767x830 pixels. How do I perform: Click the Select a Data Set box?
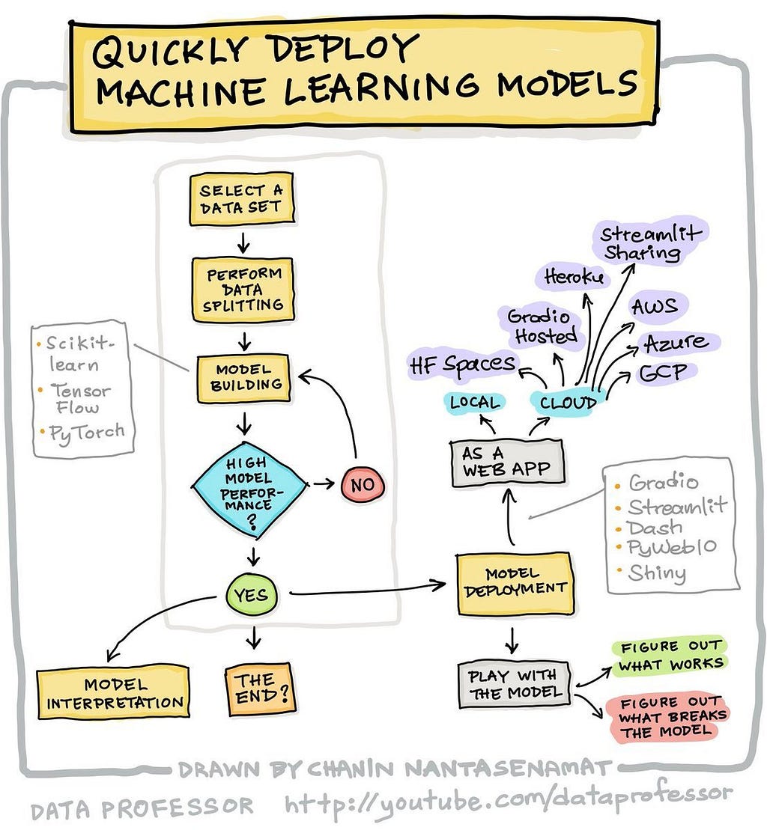pyautogui.click(x=241, y=199)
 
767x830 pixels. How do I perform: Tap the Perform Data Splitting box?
pyautogui.click(x=243, y=290)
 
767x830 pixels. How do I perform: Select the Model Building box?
pyautogui.click(x=243, y=378)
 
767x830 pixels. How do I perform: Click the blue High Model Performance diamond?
pyautogui.click(x=249, y=490)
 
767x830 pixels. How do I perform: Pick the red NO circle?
pyautogui.click(x=363, y=484)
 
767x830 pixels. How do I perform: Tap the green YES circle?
pyautogui.click(x=251, y=595)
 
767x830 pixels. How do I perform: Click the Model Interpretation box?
pyautogui.click(x=113, y=693)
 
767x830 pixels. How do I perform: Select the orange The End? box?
pyautogui.click(x=259, y=689)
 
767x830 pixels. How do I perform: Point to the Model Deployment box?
pyautogui.click(x=515, y=583)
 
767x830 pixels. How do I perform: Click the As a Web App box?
pyautogui.click(x=507, y=462)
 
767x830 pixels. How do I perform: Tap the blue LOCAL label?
pyautogui.click(x=475, y=403)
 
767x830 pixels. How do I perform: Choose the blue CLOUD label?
pyautogui.click(x=568, y=403)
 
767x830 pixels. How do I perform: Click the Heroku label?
pyautogui.click(x=575, y=277)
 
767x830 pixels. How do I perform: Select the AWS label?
pyautogui.click(x=655, y=307)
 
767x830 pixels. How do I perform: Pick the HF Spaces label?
pyautogui.click(x=462, y=364)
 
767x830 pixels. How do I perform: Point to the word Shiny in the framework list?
pyautogui.click(x=657, y=573)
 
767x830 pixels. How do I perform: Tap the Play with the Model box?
pyautogui.click(x=515, y=685)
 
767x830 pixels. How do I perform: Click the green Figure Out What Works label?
pyautogui.click(x=670, y=656)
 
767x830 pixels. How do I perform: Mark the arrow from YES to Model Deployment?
pyautogui.click(x=368, y=588)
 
